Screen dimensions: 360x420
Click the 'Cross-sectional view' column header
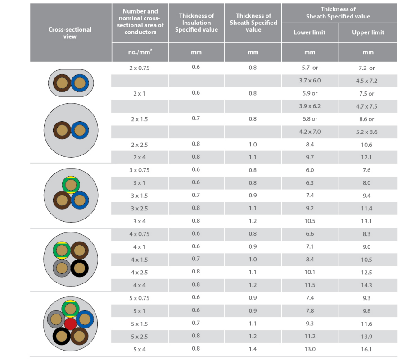70,32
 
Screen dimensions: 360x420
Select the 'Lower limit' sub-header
309,32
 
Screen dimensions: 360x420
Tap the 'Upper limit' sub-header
368,32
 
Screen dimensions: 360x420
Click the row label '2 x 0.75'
140,68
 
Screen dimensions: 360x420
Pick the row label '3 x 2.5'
140,208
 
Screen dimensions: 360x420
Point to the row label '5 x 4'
140,349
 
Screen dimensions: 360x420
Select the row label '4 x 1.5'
140,260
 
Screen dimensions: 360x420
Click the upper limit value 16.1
368,349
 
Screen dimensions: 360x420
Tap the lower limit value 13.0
309,349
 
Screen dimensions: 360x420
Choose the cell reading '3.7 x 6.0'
309,81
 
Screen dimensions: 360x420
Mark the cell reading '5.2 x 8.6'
368,132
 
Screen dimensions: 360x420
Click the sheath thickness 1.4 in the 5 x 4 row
253,349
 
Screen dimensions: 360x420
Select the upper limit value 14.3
368,285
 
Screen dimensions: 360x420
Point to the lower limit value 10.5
309,221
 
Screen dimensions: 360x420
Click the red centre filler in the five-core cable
70,324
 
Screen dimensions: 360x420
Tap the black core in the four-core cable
79,269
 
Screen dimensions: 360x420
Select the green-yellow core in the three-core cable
70,184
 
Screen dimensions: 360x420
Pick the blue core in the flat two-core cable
79,82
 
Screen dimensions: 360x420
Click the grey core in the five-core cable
56,319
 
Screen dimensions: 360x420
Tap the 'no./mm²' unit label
140,52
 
